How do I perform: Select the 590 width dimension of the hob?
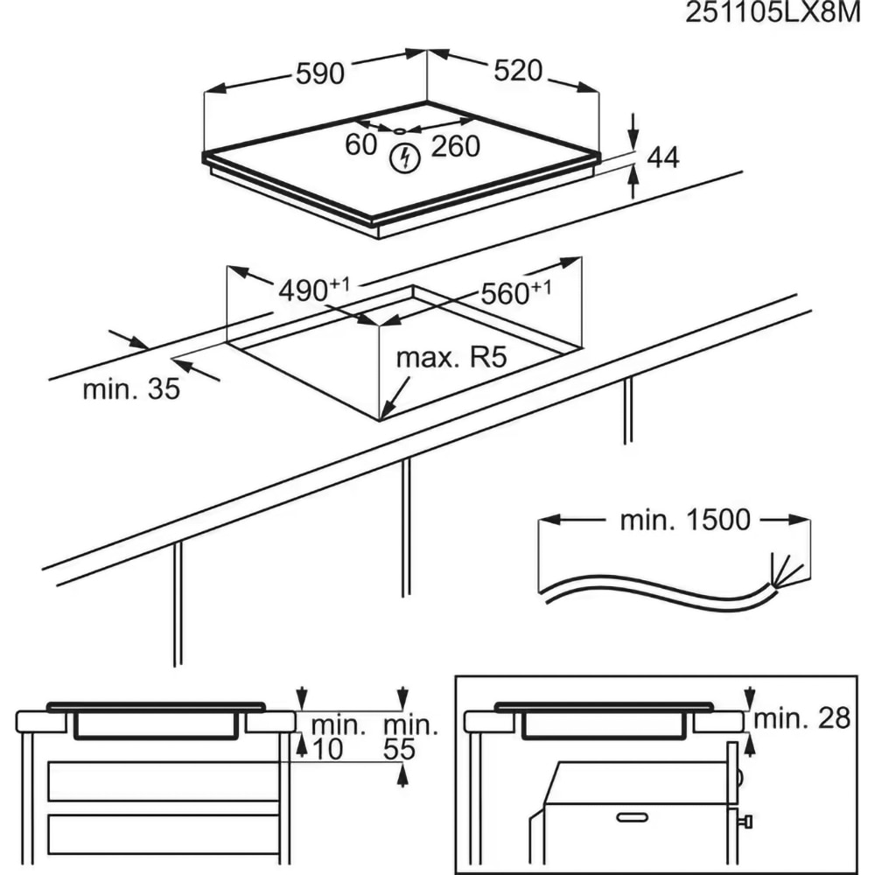(319, 74)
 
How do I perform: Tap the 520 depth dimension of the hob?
(518, 71)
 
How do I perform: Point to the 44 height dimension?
(662, 157)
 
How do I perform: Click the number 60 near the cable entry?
(360, 145)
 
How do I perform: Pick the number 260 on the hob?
(456, 147)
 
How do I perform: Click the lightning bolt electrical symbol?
(404, 157)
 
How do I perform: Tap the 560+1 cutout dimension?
(515, 293)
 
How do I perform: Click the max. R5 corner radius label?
(451, 358)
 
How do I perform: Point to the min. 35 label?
(130, 389)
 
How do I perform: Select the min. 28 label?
(802, 718)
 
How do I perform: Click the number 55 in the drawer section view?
(400, 750)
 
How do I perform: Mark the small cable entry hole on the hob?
(400, 131)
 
